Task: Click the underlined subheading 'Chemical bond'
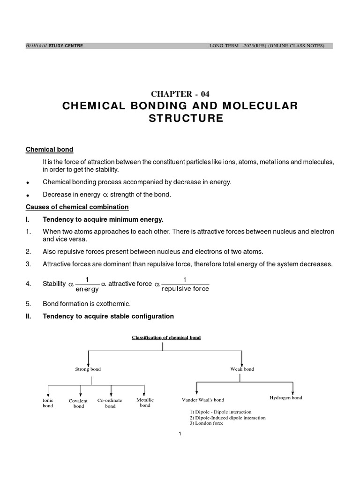tap(49, 150)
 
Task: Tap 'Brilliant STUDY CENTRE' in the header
tap(54, 46)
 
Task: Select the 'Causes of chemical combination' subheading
tap(77, 207)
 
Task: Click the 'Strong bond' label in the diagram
tap(88, 369)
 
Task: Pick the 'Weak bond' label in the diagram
tap(242, 369)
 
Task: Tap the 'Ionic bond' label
tap(48, 403)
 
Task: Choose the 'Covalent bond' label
tap(78, 404)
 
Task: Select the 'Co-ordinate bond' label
tap(110, 403)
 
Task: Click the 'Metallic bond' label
tap(145, 403)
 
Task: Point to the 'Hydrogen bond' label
tap(285, 398)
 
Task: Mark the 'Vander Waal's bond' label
tap(203, 400)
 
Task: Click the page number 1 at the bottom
tap(180, 435)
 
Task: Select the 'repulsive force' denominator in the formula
tap(185, 289)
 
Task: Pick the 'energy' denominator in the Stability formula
tap(87, 290)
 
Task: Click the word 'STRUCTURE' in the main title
tap(186, 119)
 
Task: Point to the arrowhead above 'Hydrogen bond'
tap(293, 392)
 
